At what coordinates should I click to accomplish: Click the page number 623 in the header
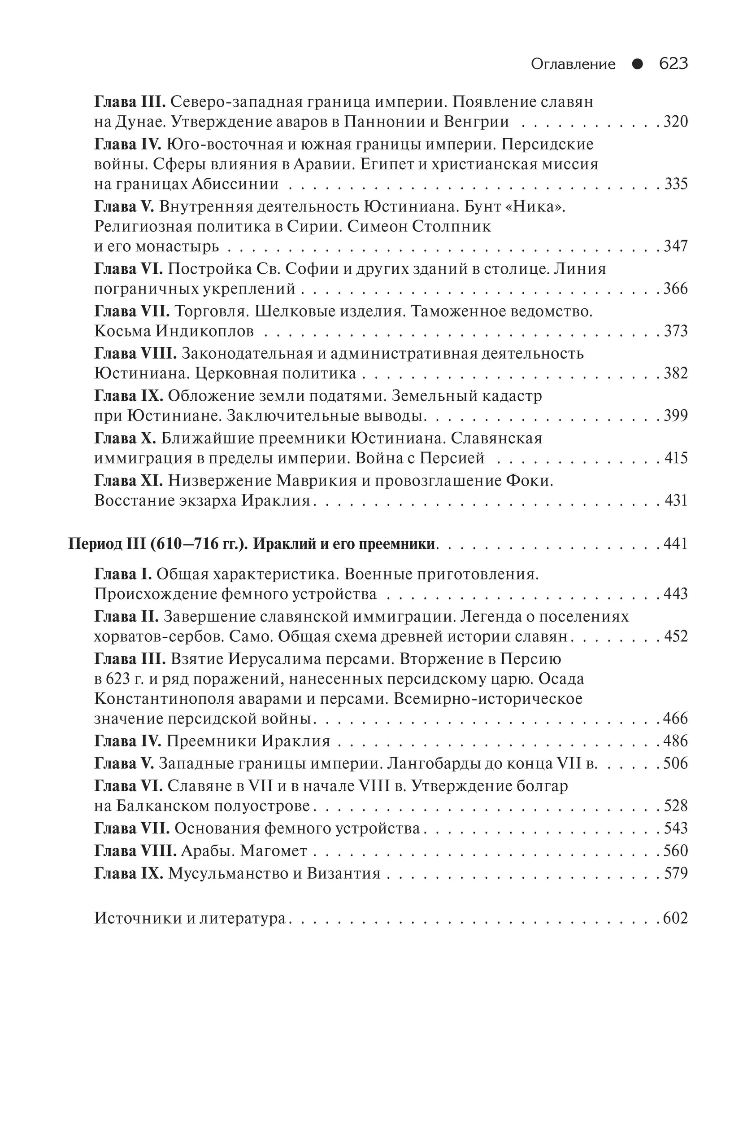pyautogui.click(x=673, y=64)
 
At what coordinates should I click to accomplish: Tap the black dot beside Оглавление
pyautogui.click(x=637, y=64)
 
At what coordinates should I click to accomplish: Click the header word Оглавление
pyautogui.click(x=573, y=64)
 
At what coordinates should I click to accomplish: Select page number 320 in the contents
pyautogui.click(x=675, y=122)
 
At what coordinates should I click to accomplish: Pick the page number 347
pyautogui.click(x=675, y=246)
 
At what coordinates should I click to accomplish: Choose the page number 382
pyautogui.click(x=675, y=373)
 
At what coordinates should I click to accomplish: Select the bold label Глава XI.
pyautogui.click(x=129, y=481)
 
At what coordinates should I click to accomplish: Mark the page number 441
pyautogui.click(x=675, y=544)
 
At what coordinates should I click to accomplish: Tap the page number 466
pyautogui.click(x=675, y=719)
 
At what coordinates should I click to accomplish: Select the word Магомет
pyautogui.click(x=274, y=850)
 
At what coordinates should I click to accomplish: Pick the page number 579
pyautogui.click(x=675, y=873)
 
